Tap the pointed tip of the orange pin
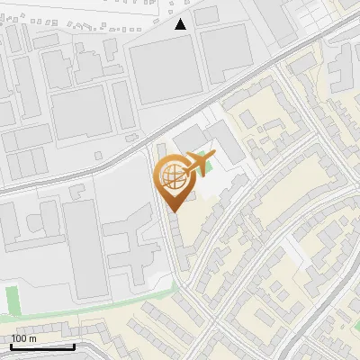click(172, 211)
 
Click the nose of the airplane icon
click(213, 157)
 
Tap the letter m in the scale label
click(34, 338)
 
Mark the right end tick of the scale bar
click(75, 346)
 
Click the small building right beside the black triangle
click(206, 14)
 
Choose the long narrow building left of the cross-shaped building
click(85, 248)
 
